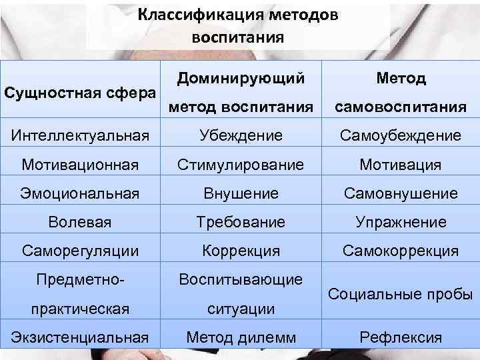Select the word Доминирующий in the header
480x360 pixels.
coord(241,79)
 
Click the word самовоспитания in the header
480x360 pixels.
coord(400,107)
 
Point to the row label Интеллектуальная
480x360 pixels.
coord(79,135)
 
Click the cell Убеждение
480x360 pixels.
coord(241,135)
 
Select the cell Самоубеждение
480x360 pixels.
coord(400,135)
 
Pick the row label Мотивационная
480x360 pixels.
coord(79,164)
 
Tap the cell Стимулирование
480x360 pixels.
coord(241,164)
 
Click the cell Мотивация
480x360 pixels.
coord(400,164)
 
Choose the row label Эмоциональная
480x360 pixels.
coord(79,193)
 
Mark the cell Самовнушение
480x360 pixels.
coord(400,193)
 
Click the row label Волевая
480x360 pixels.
coord(79,222)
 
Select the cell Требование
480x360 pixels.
coord(241,222)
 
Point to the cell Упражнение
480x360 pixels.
coord(400,222)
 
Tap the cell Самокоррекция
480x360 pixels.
coord(400,251)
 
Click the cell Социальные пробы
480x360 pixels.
coord(400,294)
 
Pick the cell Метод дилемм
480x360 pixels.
coord(241,337)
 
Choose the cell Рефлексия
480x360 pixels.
coord(400,337)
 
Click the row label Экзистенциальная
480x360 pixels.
coord(79,337)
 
